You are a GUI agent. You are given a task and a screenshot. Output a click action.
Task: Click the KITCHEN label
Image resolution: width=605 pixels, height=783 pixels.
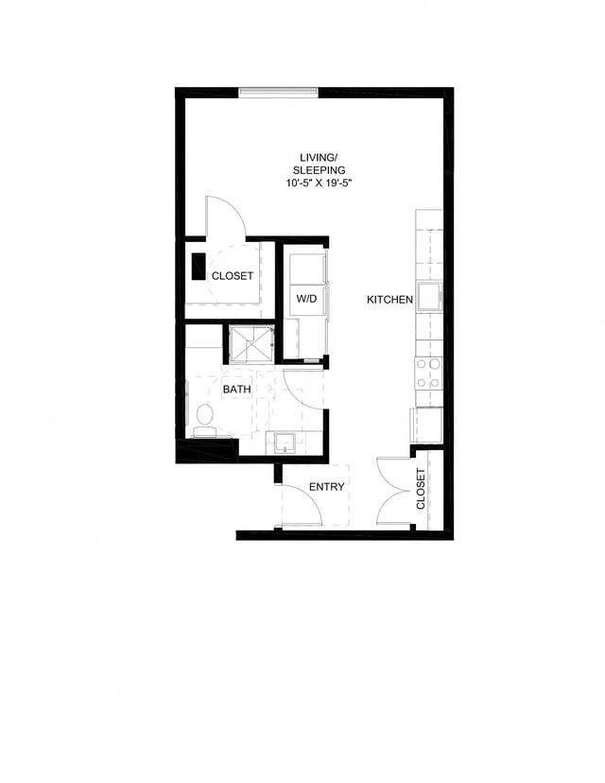pyautogui.click(x=390, y=300)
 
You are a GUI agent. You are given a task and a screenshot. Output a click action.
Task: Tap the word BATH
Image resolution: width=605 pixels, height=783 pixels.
pyautogui.click(x=236, y=389)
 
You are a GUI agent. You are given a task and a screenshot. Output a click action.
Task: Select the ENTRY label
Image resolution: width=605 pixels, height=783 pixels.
pyautogui.click(x=326, y=487)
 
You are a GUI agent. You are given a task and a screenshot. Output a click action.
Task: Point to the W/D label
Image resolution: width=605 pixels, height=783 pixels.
pyautogui.click(x=306, y=299)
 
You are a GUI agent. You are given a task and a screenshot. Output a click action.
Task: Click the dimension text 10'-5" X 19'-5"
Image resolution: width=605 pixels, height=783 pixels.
pyautogui.click(x=325, y=183)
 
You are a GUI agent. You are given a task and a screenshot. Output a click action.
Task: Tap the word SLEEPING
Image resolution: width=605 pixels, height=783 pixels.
pyautogui.click(x=325, y=169)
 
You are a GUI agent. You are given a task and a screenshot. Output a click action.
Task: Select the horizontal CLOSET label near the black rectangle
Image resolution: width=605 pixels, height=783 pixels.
pyautogui.click(x=233, y=276)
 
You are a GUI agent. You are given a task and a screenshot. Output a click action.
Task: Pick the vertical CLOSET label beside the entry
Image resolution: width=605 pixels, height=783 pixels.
pyautogui.click(x=422, y=490)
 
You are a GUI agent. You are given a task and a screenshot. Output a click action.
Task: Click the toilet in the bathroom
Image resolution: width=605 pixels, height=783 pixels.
pyautogui.click(x=204, y=418)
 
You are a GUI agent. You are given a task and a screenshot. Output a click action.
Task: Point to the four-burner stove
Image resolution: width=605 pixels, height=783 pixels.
pyautogui.click(x=428, y=373)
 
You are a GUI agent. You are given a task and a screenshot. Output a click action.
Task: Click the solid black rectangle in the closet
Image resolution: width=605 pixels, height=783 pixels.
pyautogui.click(x=199, y=266)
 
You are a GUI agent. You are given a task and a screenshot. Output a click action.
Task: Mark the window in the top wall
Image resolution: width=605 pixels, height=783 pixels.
pyautogui.click(x=278, y=92)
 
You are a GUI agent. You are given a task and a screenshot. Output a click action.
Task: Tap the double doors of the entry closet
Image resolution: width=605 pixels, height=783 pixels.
pyautogui.click(x=395, y=492)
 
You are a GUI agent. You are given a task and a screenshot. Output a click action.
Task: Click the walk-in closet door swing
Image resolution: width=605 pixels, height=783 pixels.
pyautogui.click(x=227, y=217)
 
